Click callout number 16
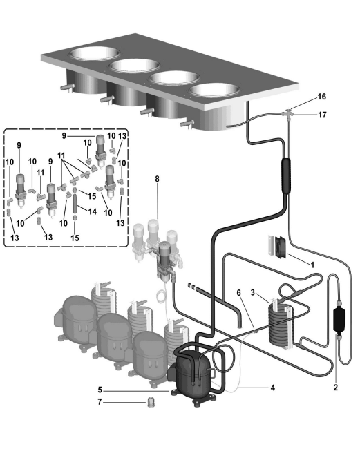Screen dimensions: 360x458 321,97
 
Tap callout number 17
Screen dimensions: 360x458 322,115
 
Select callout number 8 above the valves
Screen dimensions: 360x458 158,179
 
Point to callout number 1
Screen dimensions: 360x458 312,265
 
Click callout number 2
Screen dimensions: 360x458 335,388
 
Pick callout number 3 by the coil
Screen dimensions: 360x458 253,292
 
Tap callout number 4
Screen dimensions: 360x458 273,388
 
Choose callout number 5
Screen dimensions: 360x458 100,390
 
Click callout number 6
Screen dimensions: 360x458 239,292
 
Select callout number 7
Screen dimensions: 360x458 100,402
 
